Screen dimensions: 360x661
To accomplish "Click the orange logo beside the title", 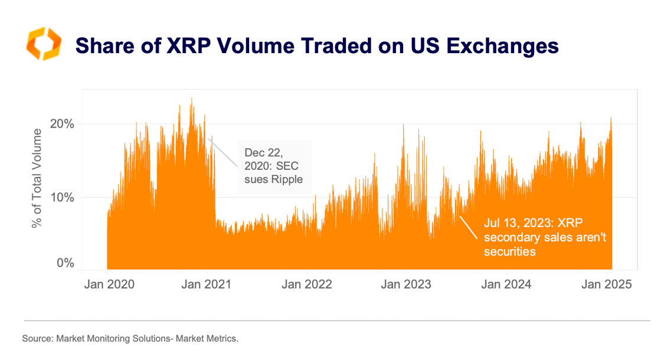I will point(42,44).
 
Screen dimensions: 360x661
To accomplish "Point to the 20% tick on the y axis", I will point(61,124).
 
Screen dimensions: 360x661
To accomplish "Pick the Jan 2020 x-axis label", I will point(109,284).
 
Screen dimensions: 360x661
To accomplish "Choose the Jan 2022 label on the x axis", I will point(307,284).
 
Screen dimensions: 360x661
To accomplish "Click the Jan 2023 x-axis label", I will point(406,284).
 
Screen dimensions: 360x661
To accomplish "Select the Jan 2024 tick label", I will point(505,284).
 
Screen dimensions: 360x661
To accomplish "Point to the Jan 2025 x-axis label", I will point(606,284).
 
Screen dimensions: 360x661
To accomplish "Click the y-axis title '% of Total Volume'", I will point(38,177).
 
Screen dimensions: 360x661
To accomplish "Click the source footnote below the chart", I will point(130,339).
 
